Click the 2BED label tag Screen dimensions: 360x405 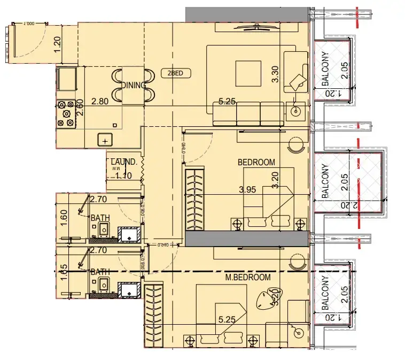click(x=176, y=74)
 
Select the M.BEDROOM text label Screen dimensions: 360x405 click(x=247, y=277)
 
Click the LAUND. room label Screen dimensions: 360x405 click(x=124, y=162)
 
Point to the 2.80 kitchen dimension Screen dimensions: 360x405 click(x=100, y=100)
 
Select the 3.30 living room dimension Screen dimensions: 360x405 click(x=276, y=73)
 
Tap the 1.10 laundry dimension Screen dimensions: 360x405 click(x=123, y=174)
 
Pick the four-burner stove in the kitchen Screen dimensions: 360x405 click(x=66, y=113)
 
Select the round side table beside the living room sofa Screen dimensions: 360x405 click(x=295, y=112)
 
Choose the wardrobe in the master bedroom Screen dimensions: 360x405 click(x=153, y=315)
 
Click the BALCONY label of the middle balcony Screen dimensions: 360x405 click(x=324, y=181)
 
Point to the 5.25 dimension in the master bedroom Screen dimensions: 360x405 click(x=228, y=320)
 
